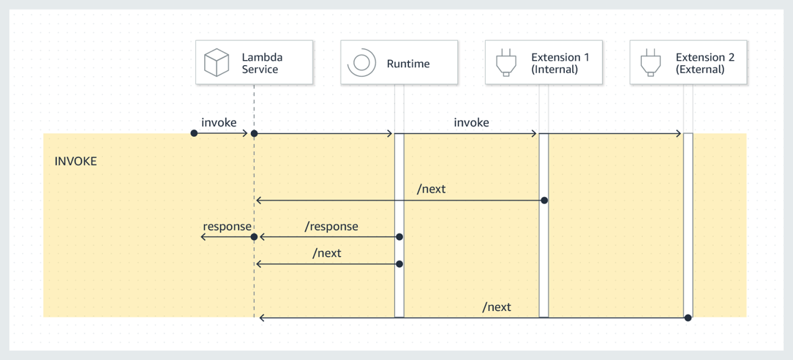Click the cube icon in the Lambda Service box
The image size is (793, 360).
[217, 63]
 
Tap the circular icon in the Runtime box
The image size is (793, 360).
[361, 63]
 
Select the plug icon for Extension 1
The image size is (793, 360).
[506, 63]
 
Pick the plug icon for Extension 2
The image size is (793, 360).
[650, 63]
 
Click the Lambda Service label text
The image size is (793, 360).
[261, 63]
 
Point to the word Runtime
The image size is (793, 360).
[408, 64]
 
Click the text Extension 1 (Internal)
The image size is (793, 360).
[560, 63]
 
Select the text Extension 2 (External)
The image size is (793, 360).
[704, 63]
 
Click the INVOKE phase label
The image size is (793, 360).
[75, 161]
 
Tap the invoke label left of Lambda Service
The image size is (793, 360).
[219, 122]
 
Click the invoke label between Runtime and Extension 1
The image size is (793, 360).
[471, 122]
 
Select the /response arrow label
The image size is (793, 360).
[331, 226]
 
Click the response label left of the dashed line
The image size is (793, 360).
[227, 226]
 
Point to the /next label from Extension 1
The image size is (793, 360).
[431, 189]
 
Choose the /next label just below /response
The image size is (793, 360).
[326, 253]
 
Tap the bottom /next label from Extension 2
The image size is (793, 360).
[497, 307]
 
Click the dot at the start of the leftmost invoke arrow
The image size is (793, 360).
[194, 134]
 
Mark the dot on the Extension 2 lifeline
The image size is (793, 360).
[688, 318]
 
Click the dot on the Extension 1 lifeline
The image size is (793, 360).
[544, 200]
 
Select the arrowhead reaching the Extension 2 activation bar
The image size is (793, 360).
[680, 134]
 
